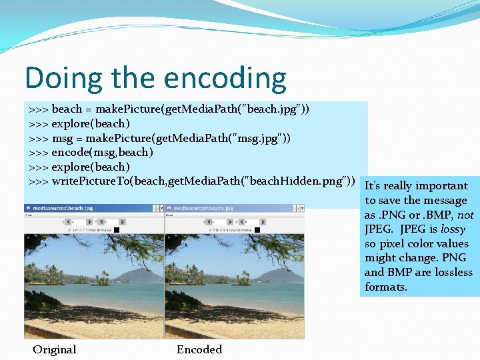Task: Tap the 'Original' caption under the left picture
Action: (55, 349)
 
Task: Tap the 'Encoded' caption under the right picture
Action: (199, 349)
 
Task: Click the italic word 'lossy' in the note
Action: (453, 229)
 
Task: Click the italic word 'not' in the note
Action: (465, 215)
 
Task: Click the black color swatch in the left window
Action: (117, 230)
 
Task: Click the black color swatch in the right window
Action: (257, 230)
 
